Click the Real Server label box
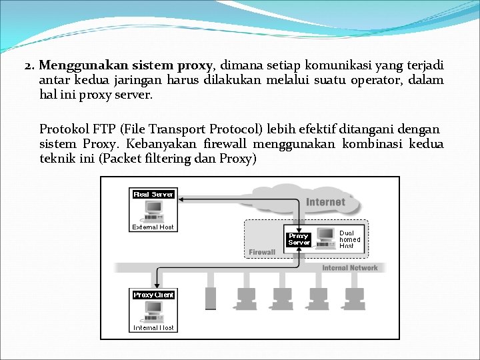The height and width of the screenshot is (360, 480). click(153, 194)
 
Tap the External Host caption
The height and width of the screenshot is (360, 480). click(153, 227)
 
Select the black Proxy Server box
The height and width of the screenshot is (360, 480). click(299, 239)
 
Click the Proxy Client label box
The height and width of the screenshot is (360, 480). click(153, 295)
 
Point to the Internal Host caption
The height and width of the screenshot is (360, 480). click(153, 327)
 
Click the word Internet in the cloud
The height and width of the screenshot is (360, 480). click(325, 201)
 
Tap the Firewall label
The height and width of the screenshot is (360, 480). click(262, 252)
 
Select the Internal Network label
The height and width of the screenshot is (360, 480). click(349, 268)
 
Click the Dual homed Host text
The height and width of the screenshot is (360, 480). click(349, 240)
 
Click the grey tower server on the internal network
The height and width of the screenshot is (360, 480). click(211, 298)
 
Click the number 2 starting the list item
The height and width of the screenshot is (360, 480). click(28, 66)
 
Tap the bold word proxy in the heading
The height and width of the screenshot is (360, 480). click(194, 65)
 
